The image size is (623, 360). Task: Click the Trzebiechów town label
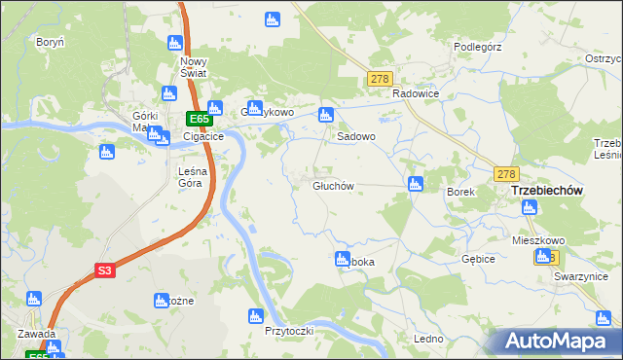pyautogui.click(x=546, y=192)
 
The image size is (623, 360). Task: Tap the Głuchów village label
pyautogui.click(x=332, y=186)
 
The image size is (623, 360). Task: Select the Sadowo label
pyautogui.click(x=355, y=137)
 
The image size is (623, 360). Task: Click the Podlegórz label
pyautogui.click(x=477, y=46)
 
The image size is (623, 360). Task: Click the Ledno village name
pyautogui.click(x=428, y=339)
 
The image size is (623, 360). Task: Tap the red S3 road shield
pyautogui.click(x=106, y=271)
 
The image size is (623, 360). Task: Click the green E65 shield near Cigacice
pyautogui.click(x=199, y=119)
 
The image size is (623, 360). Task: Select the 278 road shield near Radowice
pyautogui.click(x=380, y=79)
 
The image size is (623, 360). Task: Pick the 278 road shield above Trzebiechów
pyautogui.click(x=505, y=173)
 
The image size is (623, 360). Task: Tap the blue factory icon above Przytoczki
pyautogui.click(x=256, y=315)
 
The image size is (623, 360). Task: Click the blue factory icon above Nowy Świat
pyautogui.click(x=175, y=43)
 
